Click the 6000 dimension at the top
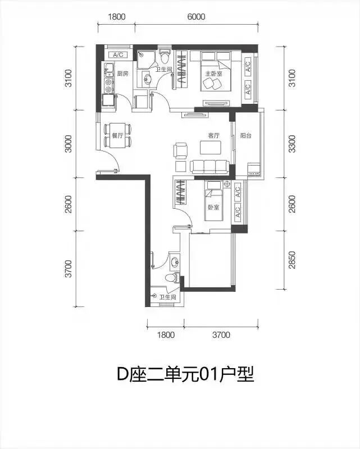[x=197, y=17]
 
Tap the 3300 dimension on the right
[x=292, y=144]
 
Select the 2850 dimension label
[x=292, y=260]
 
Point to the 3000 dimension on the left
[x=69, y=144]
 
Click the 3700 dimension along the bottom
[x=221, y=335]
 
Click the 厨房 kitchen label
[x=122, y=74]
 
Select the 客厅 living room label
[x=214, y=135]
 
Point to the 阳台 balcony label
[x=245, y=135]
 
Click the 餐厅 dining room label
[x=117, y=135]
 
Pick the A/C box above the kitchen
[x=118, y=54]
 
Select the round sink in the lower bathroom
[x=174, y=261]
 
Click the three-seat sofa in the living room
[x=209, y=167]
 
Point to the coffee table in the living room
[x=211, y=148]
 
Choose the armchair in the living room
[x=180, y=150]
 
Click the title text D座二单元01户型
[x=186, y=374]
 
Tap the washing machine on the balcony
[x=254, y=169]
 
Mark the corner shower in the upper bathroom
[x=145, y=59]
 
